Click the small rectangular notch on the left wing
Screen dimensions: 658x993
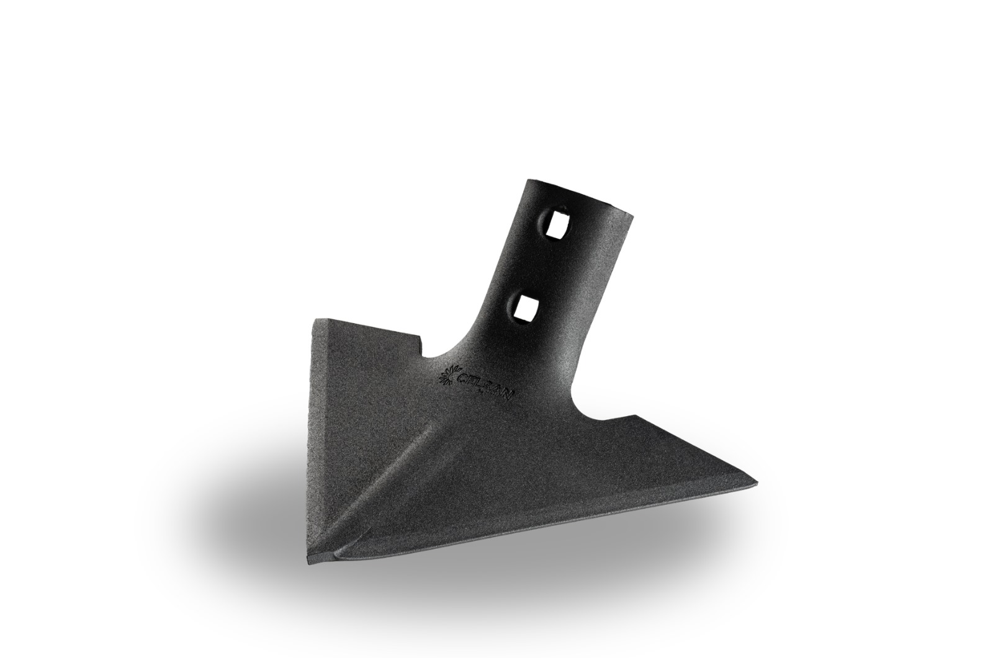(x=421, y=347)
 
